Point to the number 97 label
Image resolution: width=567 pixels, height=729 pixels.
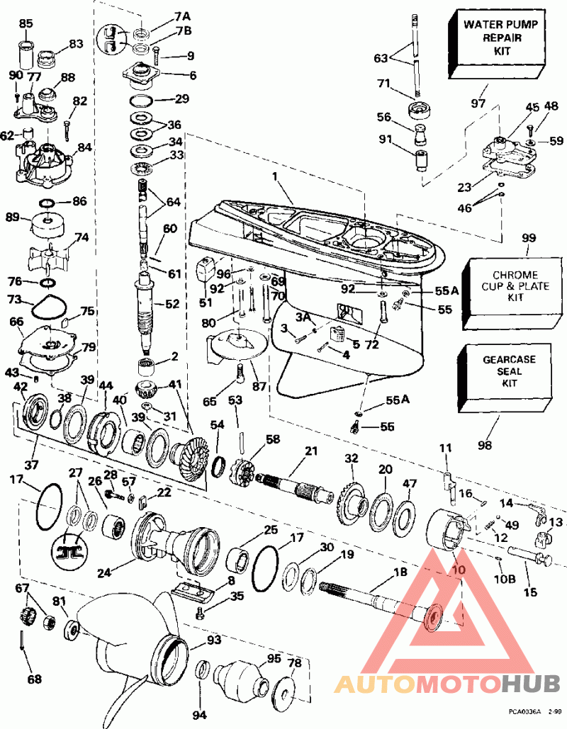click(479, 104)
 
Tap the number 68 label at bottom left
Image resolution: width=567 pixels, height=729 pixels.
click(34, 679)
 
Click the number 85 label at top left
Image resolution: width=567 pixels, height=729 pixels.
click(26, 23)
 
